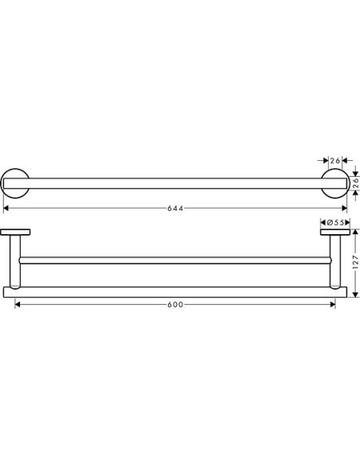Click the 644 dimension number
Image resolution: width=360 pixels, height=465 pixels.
tap(176, 209)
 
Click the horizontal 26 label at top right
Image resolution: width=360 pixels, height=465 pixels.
tap(335, 161)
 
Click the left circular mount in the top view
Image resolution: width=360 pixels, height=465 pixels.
tap(17, 185)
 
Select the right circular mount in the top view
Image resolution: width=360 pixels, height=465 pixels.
tap(335, 185)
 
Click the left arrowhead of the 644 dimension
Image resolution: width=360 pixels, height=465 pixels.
tap(7, 209)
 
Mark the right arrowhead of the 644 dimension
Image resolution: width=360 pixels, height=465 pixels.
tap(344, 209)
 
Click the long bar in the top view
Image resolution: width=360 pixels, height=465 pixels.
tap(175, 185)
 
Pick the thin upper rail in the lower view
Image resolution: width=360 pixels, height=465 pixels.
tap(175, 260)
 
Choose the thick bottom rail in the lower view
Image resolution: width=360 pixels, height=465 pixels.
tap(175, 291)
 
